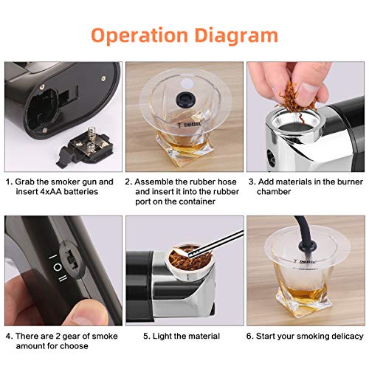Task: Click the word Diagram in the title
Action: click(236, 35)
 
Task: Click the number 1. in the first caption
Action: click(9, 181)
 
